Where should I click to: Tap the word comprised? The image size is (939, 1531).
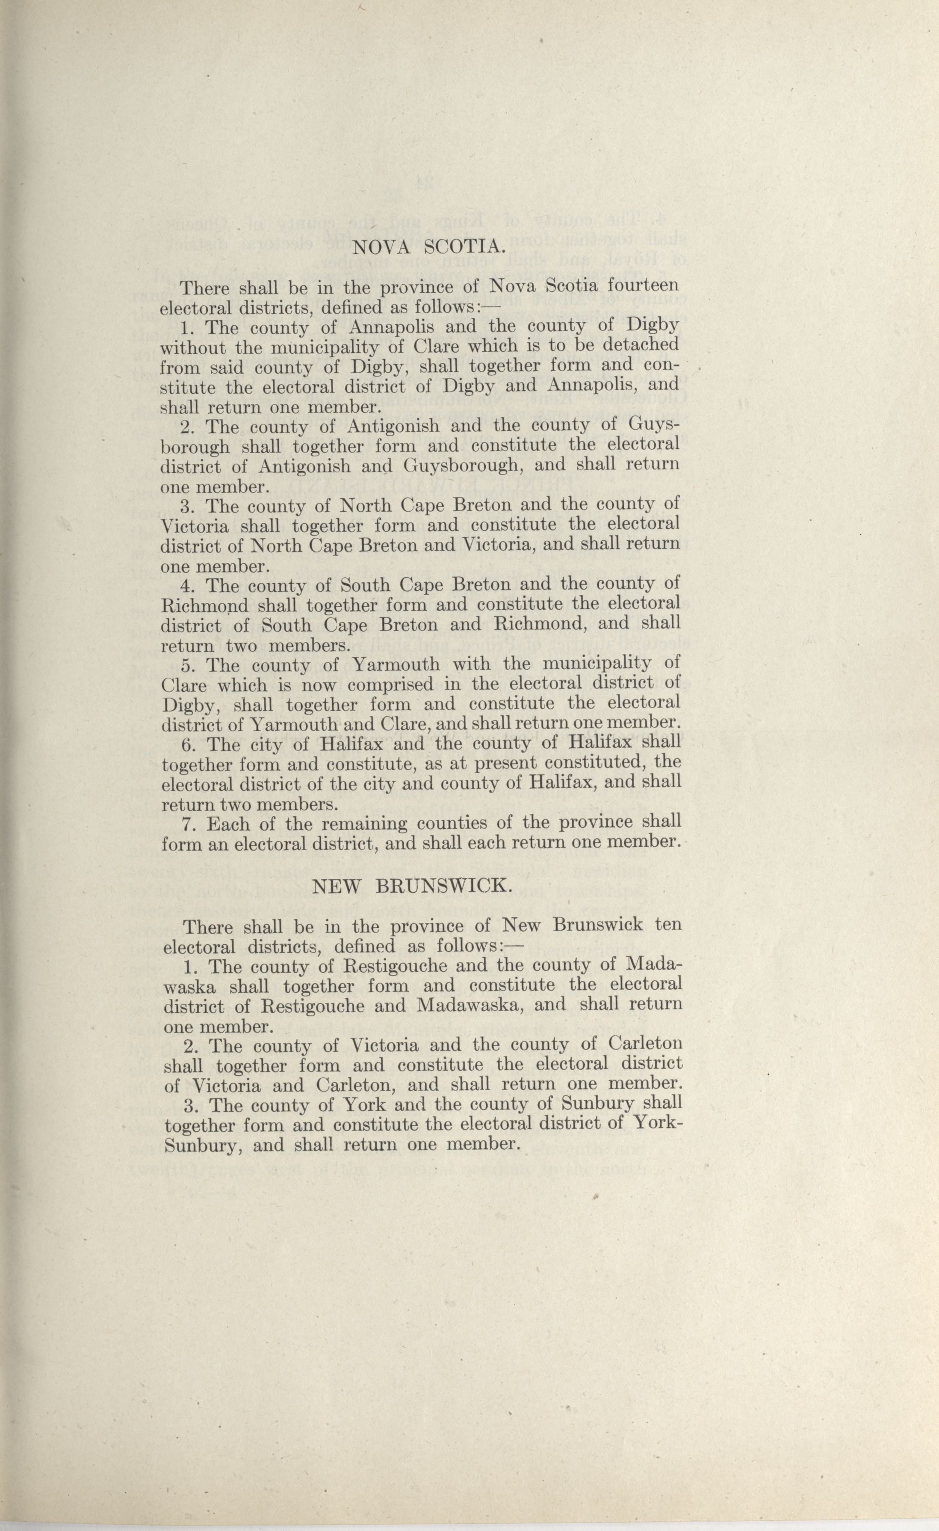[390, 685]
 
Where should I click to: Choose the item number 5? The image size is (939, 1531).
[188, 665]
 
